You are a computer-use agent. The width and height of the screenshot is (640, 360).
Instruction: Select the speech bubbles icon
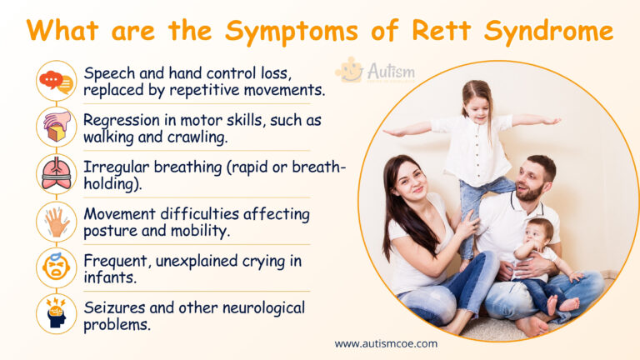pos(57,81)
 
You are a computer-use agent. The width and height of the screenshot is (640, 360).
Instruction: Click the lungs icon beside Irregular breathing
pos(57,173)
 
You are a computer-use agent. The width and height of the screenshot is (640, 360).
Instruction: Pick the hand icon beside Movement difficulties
pos(57,221)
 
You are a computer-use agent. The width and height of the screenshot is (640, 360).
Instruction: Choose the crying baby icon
pos(57,267)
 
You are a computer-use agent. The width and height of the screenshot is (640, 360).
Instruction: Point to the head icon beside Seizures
pos(57,315)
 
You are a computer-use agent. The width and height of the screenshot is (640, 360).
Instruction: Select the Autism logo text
pos(390,72)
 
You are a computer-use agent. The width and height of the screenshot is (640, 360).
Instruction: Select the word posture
pos(112,229)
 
